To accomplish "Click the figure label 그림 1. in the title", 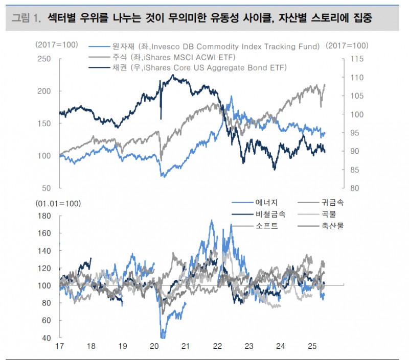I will click(26, 19).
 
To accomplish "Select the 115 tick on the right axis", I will click(357, 59).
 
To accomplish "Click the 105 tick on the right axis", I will click(357, 96).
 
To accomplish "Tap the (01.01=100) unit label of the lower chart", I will click(58, 204).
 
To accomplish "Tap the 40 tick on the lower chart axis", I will click(47, 338).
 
